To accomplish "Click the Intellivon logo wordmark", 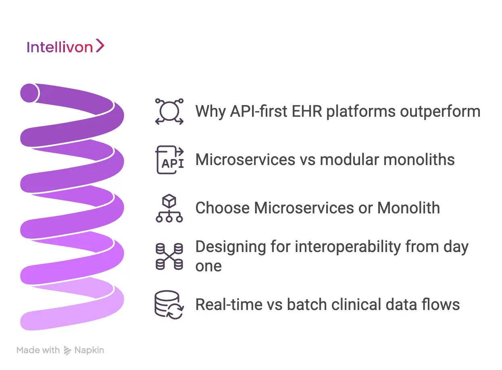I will click(60, 48).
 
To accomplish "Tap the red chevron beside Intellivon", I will click(100, 46).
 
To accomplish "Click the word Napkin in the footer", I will click(89, 350).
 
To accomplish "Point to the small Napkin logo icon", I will click(67, 351).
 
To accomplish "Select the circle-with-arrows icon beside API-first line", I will click(169, 112).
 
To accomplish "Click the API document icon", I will click(169, 160).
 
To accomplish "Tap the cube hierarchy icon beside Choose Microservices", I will click(169, 208).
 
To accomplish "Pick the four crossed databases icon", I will click(169, 256).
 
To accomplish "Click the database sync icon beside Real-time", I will click(169, 305).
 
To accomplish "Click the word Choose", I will click(222, 208).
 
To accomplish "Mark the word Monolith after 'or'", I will click(408, 208).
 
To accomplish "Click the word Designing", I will click(229, 246).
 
